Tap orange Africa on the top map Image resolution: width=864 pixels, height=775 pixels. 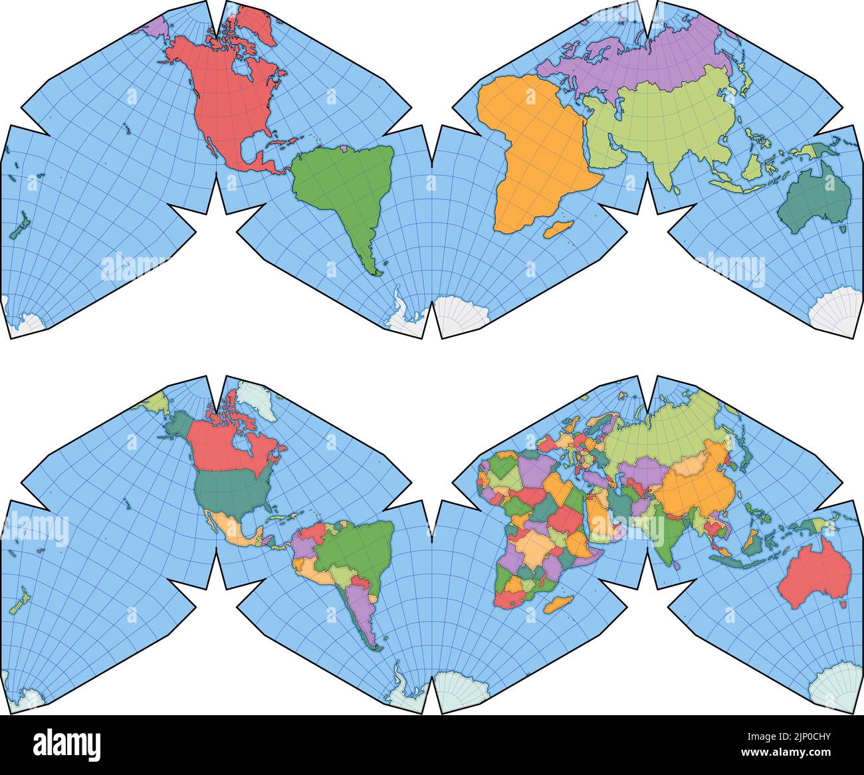point(532,146)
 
